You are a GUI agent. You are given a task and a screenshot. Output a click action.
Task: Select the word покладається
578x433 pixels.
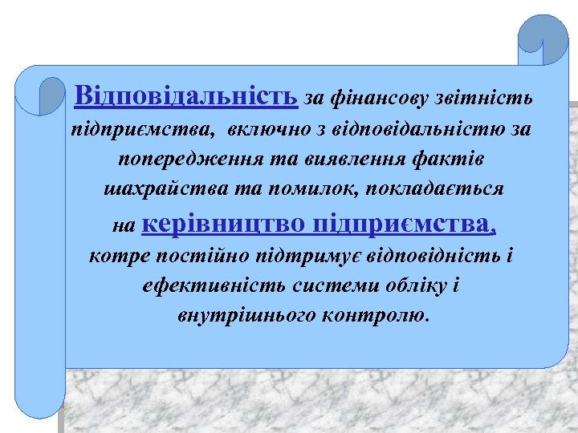(x=430, y=189)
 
